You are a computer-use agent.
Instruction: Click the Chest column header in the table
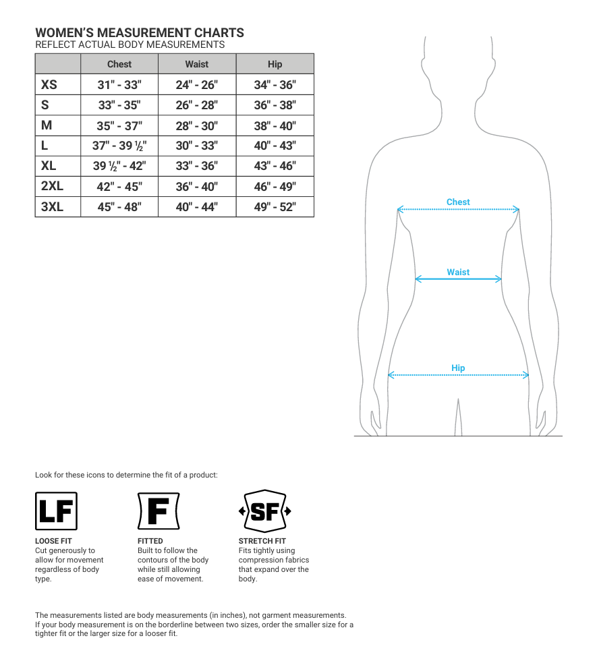click(x=119, y=64)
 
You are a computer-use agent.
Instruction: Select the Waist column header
click(x=197, y=64)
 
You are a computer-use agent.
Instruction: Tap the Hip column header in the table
click(x=275, y=64)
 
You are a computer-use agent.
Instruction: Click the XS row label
click(x=49, y=84)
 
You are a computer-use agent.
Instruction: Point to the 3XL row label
click(x=52, y=206)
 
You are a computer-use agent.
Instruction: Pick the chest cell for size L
click(x=119, y=146)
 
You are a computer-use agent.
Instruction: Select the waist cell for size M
click(x=197, y=125)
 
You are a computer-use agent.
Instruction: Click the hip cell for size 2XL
click(x=275, y=186)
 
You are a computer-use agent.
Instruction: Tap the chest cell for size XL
click(x=119, y=166)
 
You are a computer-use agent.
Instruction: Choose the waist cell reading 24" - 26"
click(x=197, y=85)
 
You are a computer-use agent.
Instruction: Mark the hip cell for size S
click(x=275, y=105)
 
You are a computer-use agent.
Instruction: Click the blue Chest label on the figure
click(x=458, y=202)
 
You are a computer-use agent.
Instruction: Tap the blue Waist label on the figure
click(x=458, y=272)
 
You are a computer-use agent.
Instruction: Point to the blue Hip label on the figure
click(x=458, y=368)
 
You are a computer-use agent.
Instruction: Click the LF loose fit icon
click(x=56, y=511)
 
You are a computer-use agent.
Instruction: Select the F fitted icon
click(x=158, y=511)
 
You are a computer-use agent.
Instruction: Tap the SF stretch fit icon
click(x=264, y=511)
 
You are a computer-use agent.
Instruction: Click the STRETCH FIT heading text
click(x=262, y=541)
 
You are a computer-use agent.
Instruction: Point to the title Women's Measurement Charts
click(x=140, y=32)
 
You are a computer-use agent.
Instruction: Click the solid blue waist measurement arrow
click(x=458, y=279)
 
